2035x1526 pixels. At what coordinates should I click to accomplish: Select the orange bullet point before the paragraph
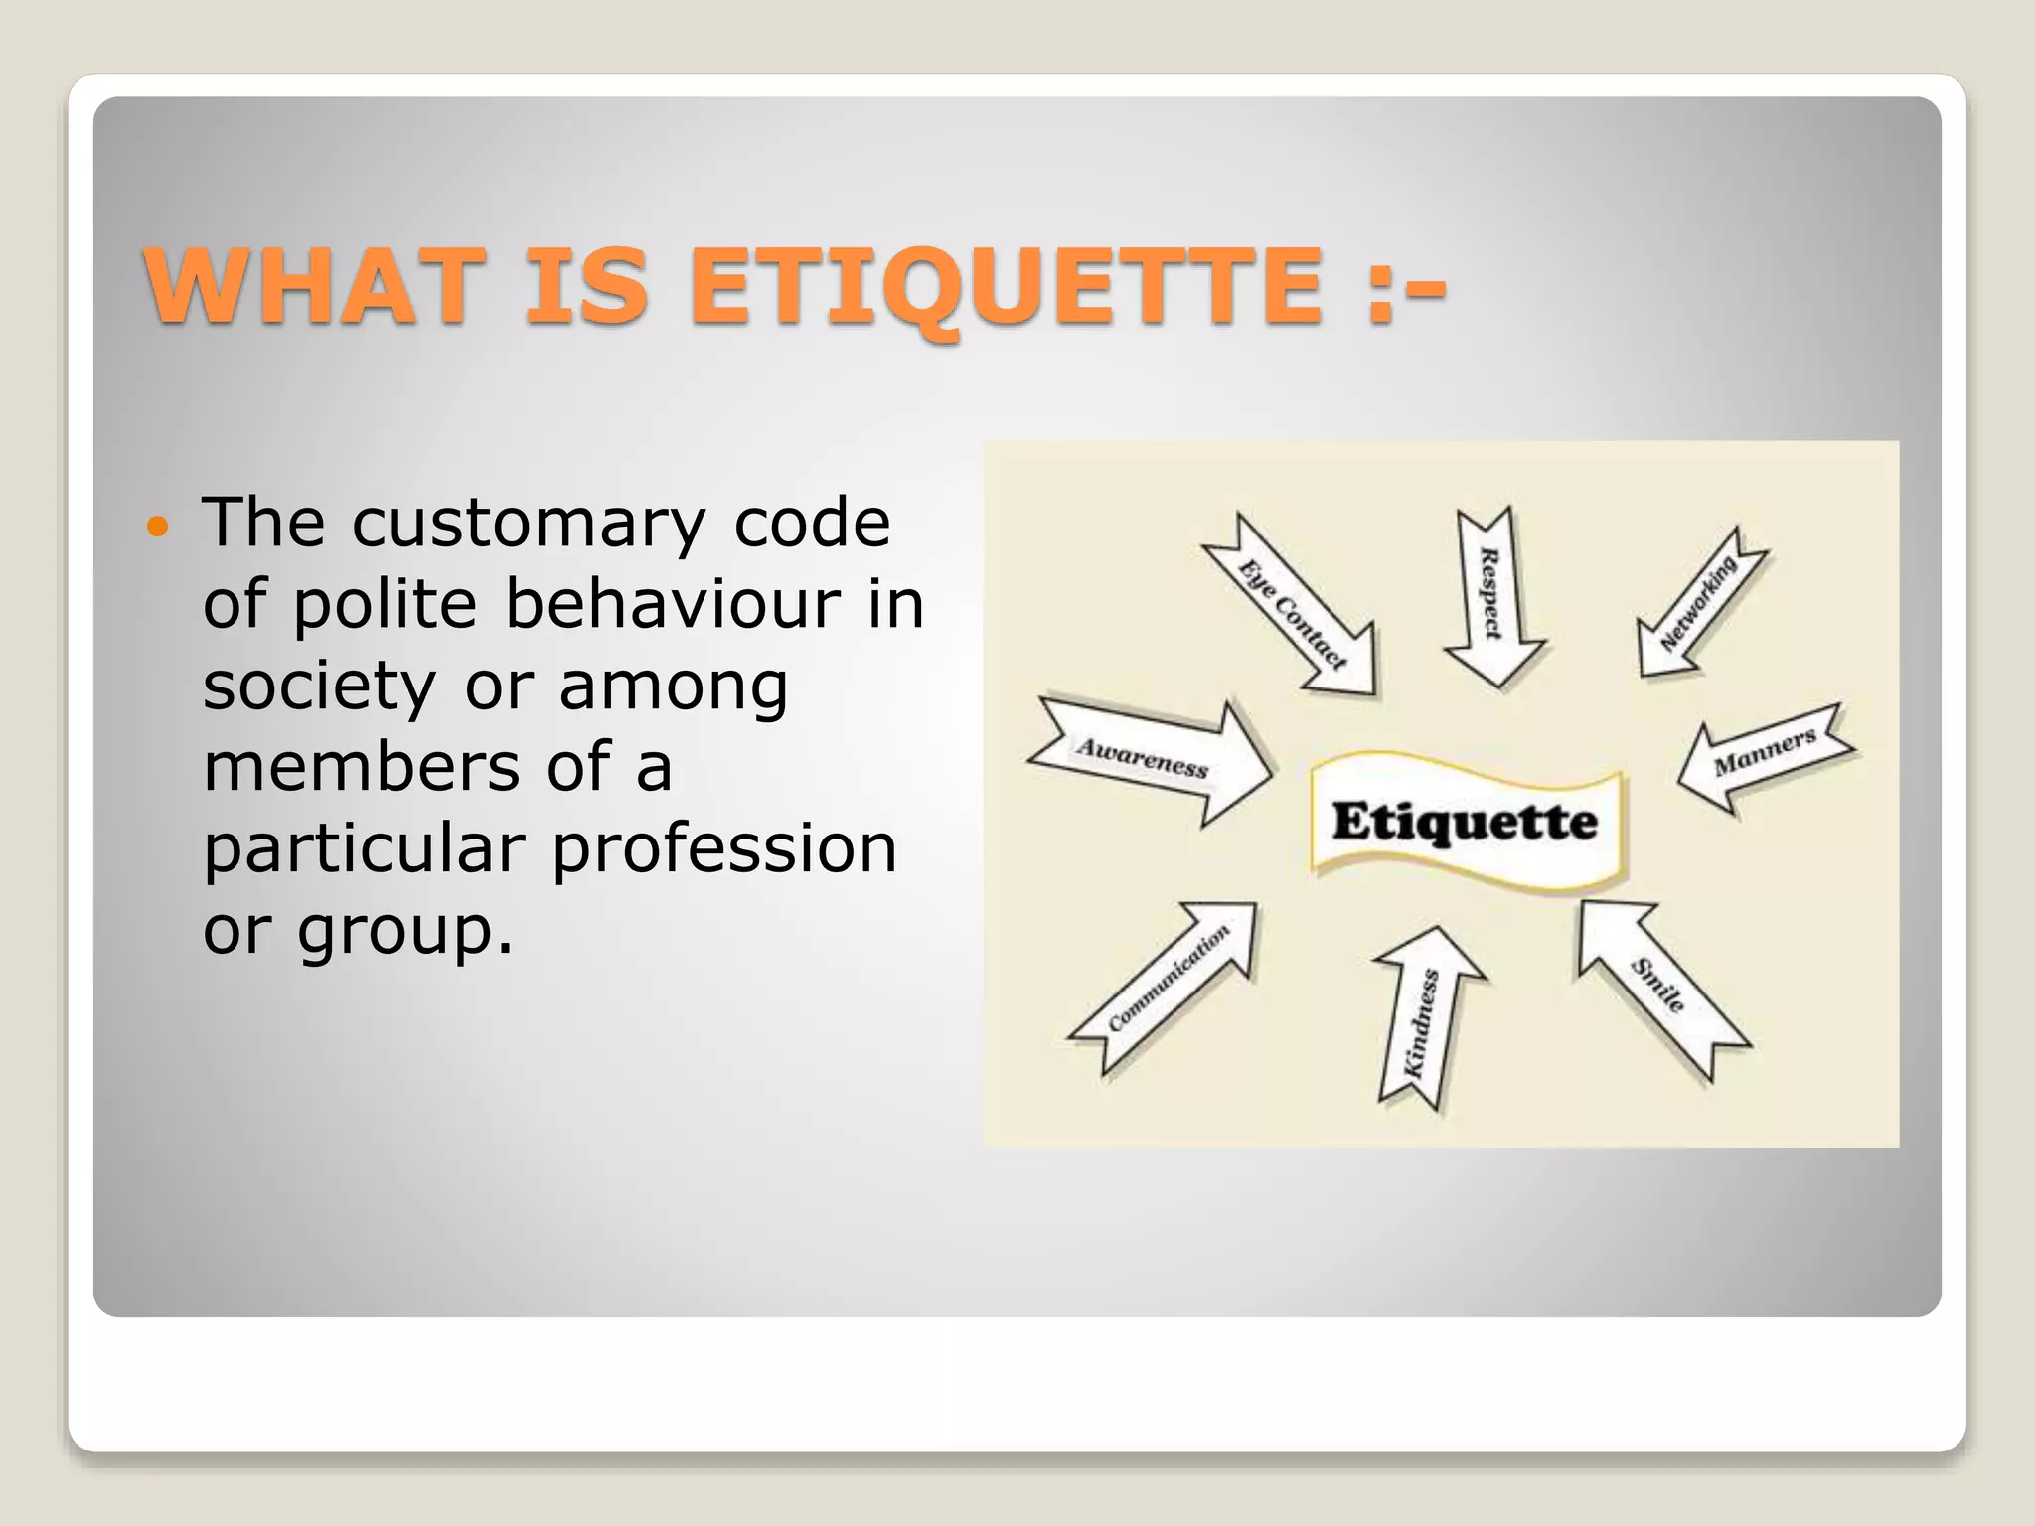pyautogui.click(x=158, y=526)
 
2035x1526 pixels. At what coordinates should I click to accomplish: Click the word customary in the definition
pyautogui.click(x=528, y=524)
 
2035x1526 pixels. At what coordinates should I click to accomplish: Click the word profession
pyautogui.click(x=724, y=848)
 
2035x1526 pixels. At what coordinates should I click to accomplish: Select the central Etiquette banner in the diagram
pyautogui.click(x=1466, y=823)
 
